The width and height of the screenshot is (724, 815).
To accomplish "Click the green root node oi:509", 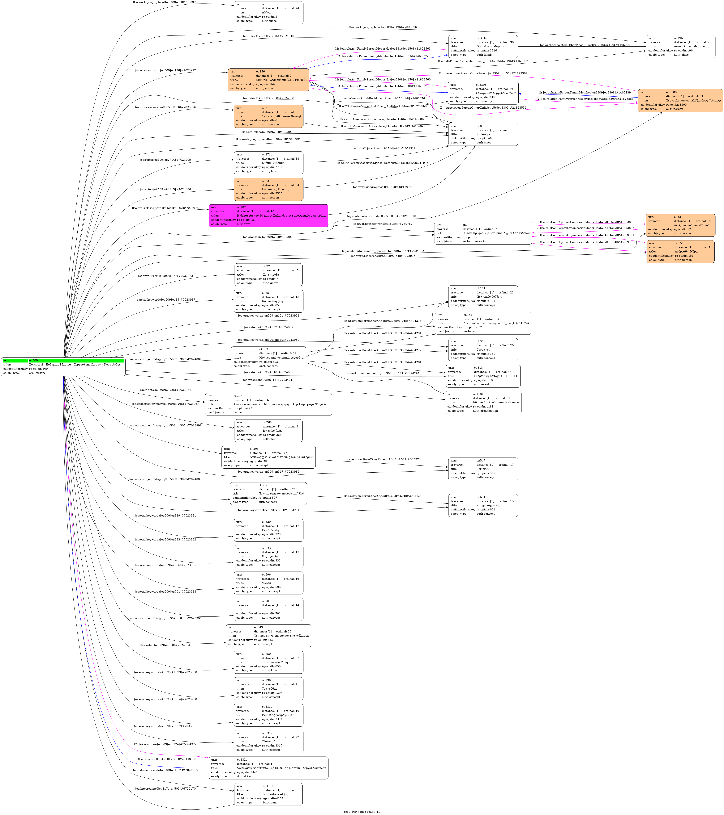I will click(63, 367).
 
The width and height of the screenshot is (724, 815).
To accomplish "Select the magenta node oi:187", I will click(268, 216).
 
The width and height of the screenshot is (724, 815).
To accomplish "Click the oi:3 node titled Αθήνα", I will click(268, 12).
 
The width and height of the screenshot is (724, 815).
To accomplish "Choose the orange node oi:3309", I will click(680, 100).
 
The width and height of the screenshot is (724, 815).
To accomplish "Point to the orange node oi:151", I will click(680, 252).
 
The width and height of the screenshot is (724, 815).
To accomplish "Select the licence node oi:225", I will click(268, 404).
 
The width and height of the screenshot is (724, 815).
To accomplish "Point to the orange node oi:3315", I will click(268, 189).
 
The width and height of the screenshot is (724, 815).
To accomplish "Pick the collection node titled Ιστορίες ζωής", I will click(268, 431).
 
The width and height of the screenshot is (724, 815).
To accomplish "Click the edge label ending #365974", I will click(382, 459).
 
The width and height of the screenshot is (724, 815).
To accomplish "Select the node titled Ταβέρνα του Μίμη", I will click(268, 662).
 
